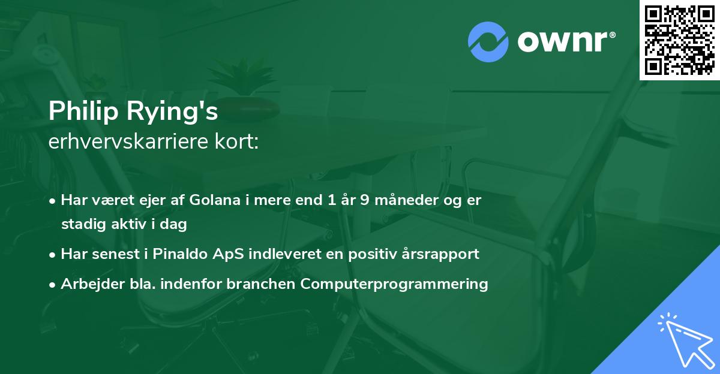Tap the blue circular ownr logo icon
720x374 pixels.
coord(488,42)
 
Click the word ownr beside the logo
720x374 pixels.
coord(565,42)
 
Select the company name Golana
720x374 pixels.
coord(212,200)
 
